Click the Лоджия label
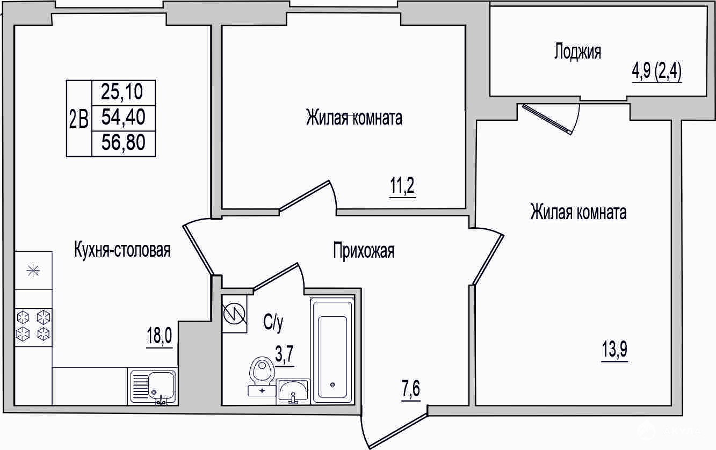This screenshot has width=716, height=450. coord(577,52)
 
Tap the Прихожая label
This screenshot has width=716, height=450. coord(364,251)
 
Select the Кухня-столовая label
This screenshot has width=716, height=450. coord(122,250)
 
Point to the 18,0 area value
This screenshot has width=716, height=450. coord(160,336)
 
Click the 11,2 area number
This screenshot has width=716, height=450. coord(402,186)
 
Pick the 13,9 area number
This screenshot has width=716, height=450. coord(614,349)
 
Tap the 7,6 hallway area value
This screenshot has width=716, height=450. coord(411,388)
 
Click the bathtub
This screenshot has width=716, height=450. coord(332,350)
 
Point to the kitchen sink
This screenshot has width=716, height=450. coord(153,387)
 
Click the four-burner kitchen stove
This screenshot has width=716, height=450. coord(33,327)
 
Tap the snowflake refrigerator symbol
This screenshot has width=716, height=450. coord(33,271)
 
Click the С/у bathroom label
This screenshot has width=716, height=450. coord(273,323)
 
